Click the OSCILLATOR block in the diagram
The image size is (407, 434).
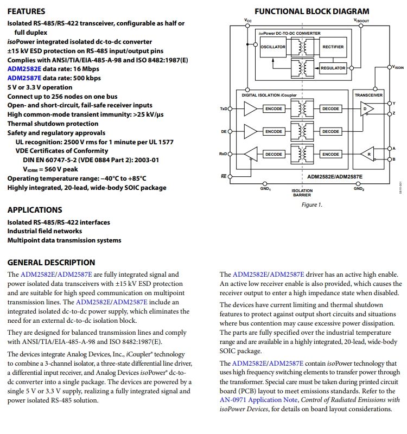coord(273,47)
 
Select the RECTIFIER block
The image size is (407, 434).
coord(333,47)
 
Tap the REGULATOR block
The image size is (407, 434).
coord(333,68)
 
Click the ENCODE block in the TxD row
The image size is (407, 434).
coord(274,109)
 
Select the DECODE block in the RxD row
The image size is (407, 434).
coord(274,155)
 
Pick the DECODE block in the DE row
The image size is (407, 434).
coord(330,132)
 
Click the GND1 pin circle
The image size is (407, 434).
coord(265,183)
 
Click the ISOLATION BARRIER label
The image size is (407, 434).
coord(302,193)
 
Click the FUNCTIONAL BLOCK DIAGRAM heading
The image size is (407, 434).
coord(311,11)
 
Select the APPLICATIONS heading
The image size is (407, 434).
coord(35,210)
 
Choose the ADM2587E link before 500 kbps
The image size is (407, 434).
coord(24,78)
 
